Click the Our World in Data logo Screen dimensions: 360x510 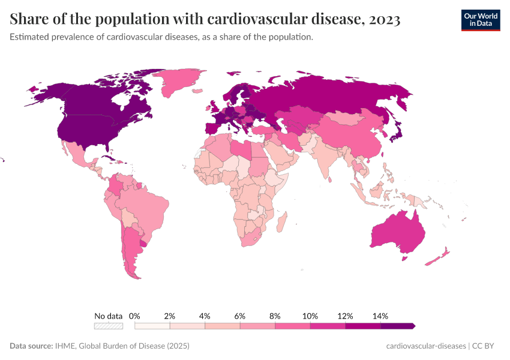(480, 20)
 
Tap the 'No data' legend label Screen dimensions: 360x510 (108, 316)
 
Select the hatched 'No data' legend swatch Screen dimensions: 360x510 (108, 326)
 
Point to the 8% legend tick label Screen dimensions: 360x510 (275, 316)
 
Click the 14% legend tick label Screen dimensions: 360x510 (380, 316)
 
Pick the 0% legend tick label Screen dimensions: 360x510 (134, 316)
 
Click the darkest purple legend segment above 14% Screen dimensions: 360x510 (397, 326)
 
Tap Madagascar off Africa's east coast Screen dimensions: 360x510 (280, 223)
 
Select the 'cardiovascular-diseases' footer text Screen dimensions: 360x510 (425, 346)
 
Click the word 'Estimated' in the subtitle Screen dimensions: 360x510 (29, 37)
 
